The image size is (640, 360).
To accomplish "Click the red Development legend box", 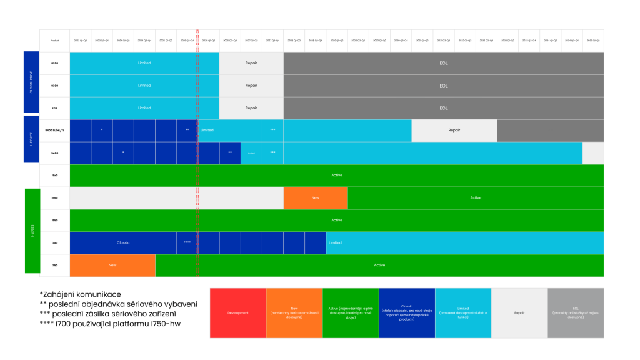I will (237, 312).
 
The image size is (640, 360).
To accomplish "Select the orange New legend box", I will (294, 312).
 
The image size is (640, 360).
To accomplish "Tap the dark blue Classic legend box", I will (406, 312).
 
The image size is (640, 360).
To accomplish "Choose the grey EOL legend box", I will (576, 312).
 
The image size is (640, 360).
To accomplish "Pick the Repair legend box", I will (519, 312).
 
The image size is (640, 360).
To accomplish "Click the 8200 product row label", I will (54, 62).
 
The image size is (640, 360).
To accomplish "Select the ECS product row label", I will (54, 107).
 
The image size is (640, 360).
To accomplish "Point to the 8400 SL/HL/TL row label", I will (54, 130).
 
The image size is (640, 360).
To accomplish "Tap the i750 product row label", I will (54, 265).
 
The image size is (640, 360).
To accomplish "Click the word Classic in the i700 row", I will (123, 242).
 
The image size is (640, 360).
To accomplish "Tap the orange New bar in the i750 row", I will (112, 265).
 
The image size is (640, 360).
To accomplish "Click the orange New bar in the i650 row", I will (315, 197).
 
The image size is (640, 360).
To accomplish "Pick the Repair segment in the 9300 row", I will (251, 85).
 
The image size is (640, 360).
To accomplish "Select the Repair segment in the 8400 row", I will (454, 130).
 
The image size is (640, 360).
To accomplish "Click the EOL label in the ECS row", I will (444, 107).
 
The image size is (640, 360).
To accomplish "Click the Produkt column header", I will (54, 40).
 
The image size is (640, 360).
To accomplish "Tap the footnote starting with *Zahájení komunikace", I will (80, 294).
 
